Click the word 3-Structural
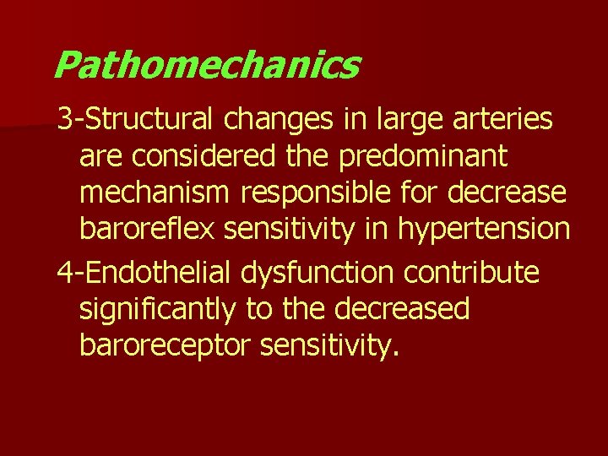click(x=137, y=120)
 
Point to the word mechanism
click(x=155, y=193)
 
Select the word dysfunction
click(x=318, y=272)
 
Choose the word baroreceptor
click(x=166, y=345)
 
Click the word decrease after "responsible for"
click(x=508, y=193)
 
